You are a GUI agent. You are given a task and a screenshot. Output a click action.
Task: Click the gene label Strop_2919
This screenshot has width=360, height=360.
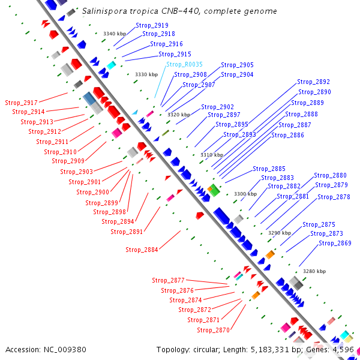pos(152,25)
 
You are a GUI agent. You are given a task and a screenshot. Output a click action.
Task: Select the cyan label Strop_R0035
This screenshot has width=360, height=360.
pos(184,64)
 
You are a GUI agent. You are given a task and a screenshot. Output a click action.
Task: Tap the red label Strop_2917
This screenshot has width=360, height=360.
pos(21,103)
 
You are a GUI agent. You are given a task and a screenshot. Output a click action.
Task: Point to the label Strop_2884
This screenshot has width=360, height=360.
pos(142,250)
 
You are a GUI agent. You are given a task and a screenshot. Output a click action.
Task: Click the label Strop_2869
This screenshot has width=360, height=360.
pos(335,243)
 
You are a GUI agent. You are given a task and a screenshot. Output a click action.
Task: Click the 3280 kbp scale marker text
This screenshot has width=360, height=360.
pos(314,271)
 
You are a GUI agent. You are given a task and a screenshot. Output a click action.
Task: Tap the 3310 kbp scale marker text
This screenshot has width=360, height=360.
pos(211,155)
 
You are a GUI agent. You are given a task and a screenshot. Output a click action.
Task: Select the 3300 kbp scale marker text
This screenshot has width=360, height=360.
pos(245,194)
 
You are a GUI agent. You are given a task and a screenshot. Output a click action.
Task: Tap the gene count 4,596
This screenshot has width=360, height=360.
pos(341,349)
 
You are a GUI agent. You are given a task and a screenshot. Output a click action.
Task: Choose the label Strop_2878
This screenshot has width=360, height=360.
pos(334,197)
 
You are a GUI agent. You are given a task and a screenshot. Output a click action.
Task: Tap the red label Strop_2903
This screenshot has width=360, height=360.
pos(77,172)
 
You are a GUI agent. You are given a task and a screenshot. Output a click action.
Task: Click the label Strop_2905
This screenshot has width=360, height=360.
pos(237,65)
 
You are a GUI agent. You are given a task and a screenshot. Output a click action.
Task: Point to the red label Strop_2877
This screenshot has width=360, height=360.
pos(168,280)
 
